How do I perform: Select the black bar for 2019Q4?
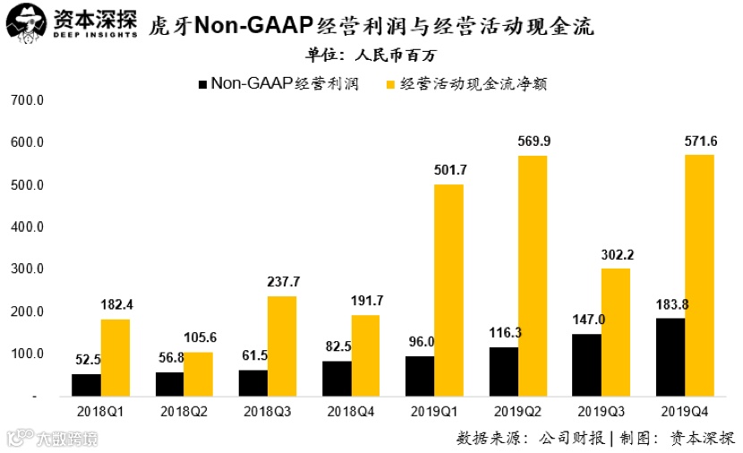pos(670,356)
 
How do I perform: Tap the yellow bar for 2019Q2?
pos(533,275)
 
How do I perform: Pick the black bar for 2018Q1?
pos(86,384)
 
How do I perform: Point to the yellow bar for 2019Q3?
pos(616,331)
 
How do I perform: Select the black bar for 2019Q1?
pos(420,375)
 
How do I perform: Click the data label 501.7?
pos(449,170)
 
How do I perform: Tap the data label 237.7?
pos(283,281)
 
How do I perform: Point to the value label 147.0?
pos(587,320)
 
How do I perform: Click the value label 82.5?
pos(337,346)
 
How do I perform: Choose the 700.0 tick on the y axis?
pos(27,100)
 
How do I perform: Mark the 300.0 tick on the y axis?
pos(27,269)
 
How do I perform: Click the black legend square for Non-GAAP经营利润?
pos(202,84)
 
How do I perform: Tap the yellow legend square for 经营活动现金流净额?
pos(390,84)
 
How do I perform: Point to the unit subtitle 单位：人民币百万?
pos(371,56)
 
